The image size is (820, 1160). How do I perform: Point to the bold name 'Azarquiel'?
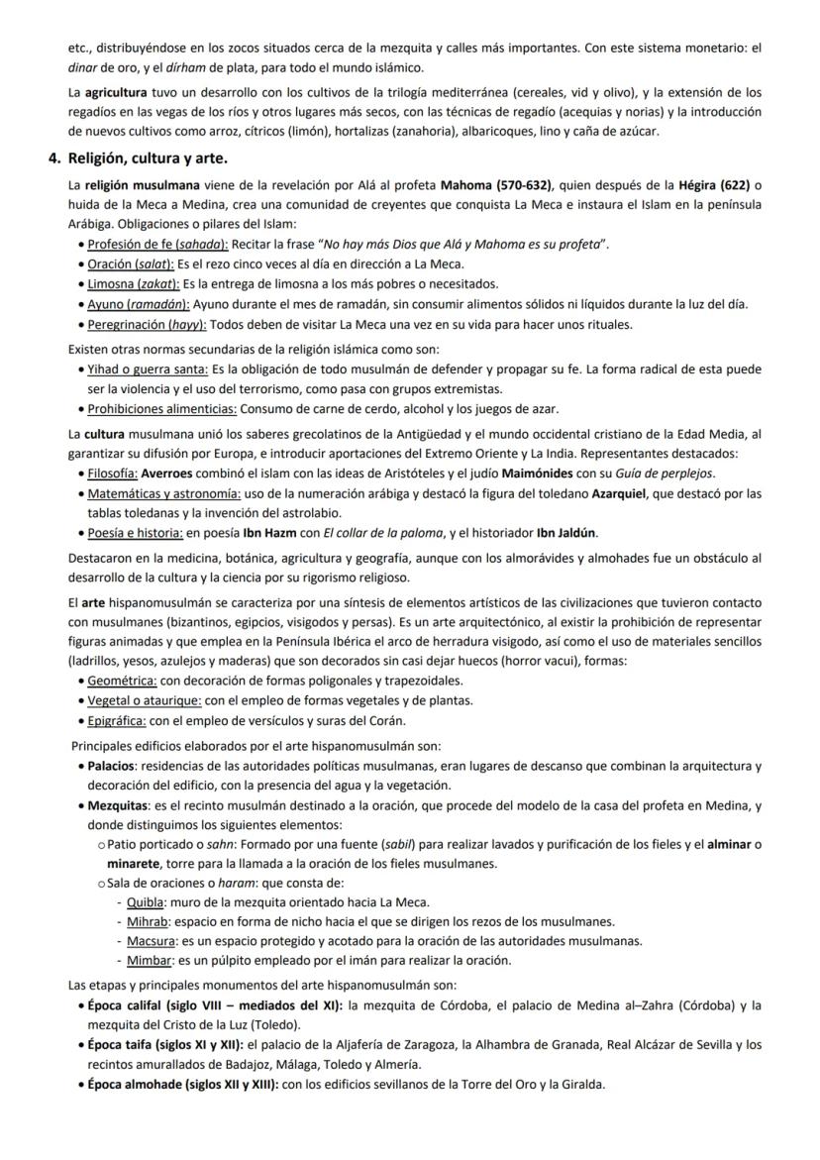(x=621, y=493)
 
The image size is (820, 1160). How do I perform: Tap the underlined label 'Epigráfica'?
(x=117, y=720)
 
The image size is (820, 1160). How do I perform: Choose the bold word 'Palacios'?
(x=111, y=766)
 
